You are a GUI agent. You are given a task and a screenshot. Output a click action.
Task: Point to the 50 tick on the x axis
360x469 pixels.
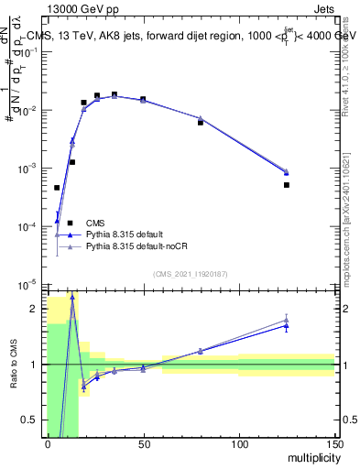coord(143,443)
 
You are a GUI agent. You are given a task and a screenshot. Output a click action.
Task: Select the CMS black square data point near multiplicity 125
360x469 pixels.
coord(287,185)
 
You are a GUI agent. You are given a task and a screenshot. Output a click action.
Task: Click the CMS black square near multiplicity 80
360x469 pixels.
coord(201,122)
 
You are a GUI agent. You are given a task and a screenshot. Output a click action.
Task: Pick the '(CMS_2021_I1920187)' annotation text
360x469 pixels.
coord(191,273)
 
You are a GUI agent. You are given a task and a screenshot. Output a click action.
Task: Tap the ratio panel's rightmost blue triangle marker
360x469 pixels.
coord(287,325)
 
